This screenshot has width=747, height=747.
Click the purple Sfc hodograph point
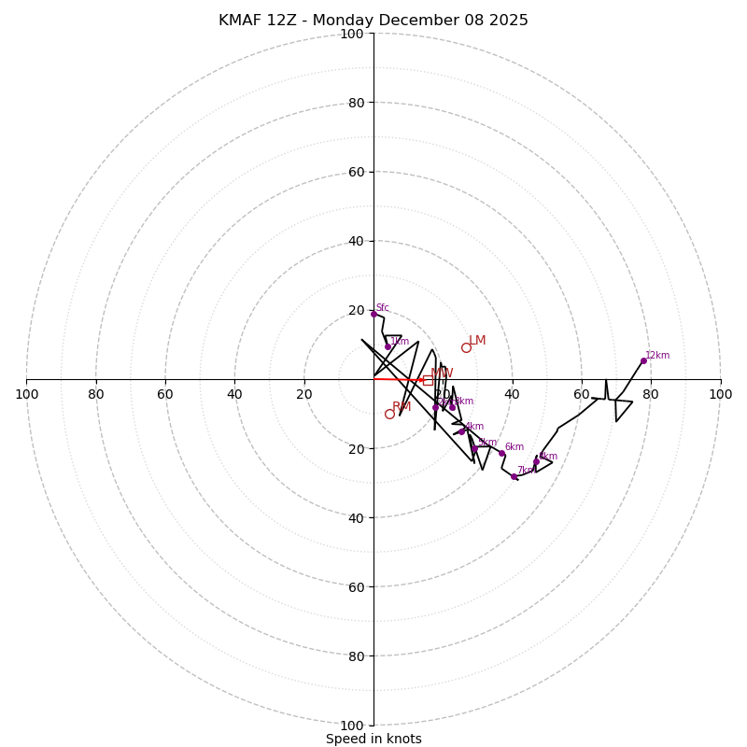[x=373, y=314]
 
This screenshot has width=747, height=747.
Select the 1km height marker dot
[x=388, y=347]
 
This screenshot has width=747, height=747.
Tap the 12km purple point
[x=643, y=360]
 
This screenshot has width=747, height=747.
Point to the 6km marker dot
[x=501, y=454]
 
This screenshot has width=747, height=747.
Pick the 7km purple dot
[x=514, y=476]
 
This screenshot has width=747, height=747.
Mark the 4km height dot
[x=461, y=431]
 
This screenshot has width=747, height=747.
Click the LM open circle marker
[x=466, y=347]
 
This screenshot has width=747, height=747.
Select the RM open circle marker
[x=389, y=414]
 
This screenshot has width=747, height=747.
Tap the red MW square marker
[x=428, y=380]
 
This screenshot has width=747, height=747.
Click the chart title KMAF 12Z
[x=373, y=21]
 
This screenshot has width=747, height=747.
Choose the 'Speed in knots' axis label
[x=373, y=739]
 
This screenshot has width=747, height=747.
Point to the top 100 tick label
[x=352, y=34]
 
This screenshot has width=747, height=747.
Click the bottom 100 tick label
[x=352, y=725]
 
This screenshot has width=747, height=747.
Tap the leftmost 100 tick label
[x=27, y=394]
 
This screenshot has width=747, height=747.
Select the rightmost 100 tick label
[x=720, y=394]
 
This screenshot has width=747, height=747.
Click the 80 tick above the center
[x=355, y=103]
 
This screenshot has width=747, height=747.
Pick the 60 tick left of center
[x=165, y=394]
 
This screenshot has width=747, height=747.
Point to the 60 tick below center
[x=355, y=586]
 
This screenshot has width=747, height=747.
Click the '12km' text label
[x=657, y=355]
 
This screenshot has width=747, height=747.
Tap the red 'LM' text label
[x=477, y=341]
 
